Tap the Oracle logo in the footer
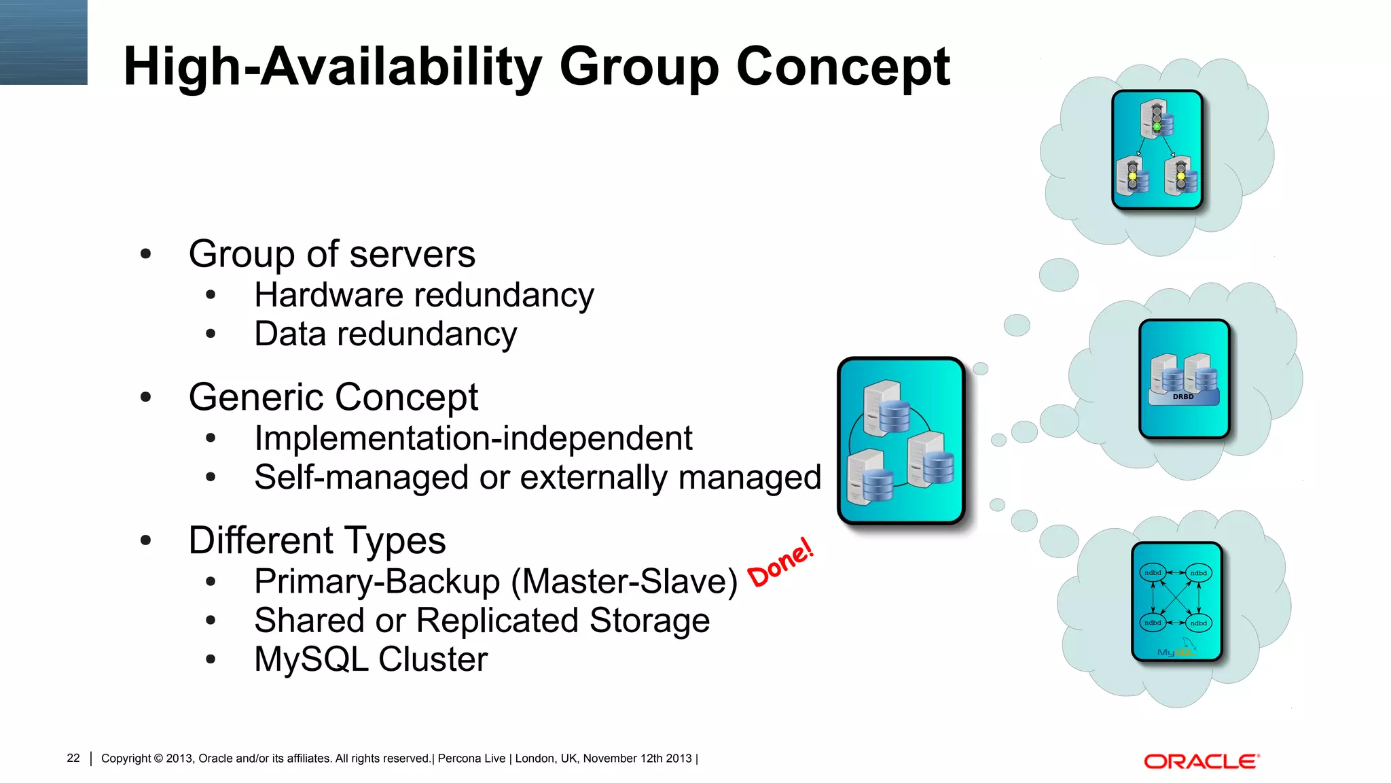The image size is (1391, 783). tap(1202, 761)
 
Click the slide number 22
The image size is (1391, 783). tap(73, 758)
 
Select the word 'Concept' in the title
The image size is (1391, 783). tap(843, 67)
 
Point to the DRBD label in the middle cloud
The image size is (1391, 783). tap(1182, 396)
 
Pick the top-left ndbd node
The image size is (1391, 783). tap(1153, 573)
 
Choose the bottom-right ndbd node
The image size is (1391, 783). tap(1198, 623)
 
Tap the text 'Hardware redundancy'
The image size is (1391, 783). tap(424, 295)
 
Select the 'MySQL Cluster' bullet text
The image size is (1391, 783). tap(371, 659)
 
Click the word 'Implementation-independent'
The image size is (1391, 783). tap(473, 438)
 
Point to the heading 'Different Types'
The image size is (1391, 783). tap(317, 540)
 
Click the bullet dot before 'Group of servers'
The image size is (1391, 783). tap(145, 254)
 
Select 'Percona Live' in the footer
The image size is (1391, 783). tap(471, 758)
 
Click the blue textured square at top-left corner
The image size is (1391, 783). tap(43, 42)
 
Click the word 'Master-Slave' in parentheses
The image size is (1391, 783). tap(624, 582)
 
